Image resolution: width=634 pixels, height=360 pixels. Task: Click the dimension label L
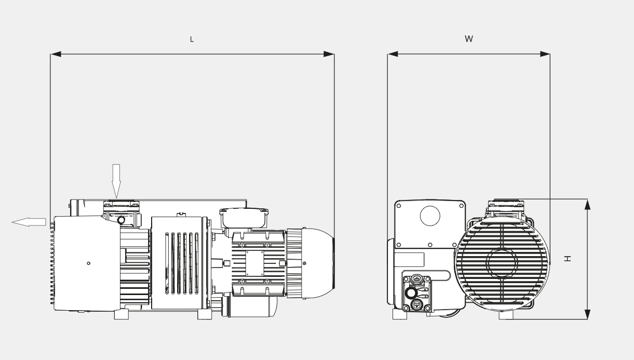192,39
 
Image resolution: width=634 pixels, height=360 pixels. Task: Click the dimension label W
469,39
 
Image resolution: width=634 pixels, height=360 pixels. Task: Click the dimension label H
568,259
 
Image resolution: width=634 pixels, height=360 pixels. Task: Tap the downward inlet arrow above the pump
116,181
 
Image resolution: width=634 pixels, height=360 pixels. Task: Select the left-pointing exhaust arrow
29,222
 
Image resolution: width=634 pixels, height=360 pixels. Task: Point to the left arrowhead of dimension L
56,54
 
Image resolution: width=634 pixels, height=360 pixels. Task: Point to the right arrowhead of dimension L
329,54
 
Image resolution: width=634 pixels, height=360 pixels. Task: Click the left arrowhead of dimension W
393,54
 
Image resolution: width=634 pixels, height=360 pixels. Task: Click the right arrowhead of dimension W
545,54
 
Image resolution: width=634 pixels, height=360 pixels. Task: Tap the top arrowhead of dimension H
588,205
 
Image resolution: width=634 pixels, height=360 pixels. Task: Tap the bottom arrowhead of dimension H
588,314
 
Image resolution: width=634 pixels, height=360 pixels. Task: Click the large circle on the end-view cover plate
430,216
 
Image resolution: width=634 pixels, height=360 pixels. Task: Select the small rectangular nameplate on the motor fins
254,263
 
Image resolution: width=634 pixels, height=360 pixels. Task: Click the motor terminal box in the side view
244,218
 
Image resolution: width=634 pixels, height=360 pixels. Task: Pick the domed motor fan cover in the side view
318,263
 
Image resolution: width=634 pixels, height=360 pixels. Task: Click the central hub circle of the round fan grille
502,263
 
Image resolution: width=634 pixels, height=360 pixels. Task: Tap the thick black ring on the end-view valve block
411,293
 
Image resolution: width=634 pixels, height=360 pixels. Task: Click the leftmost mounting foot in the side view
122,314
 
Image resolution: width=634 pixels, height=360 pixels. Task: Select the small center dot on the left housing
89,263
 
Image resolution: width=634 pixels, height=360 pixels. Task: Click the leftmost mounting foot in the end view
400,314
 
